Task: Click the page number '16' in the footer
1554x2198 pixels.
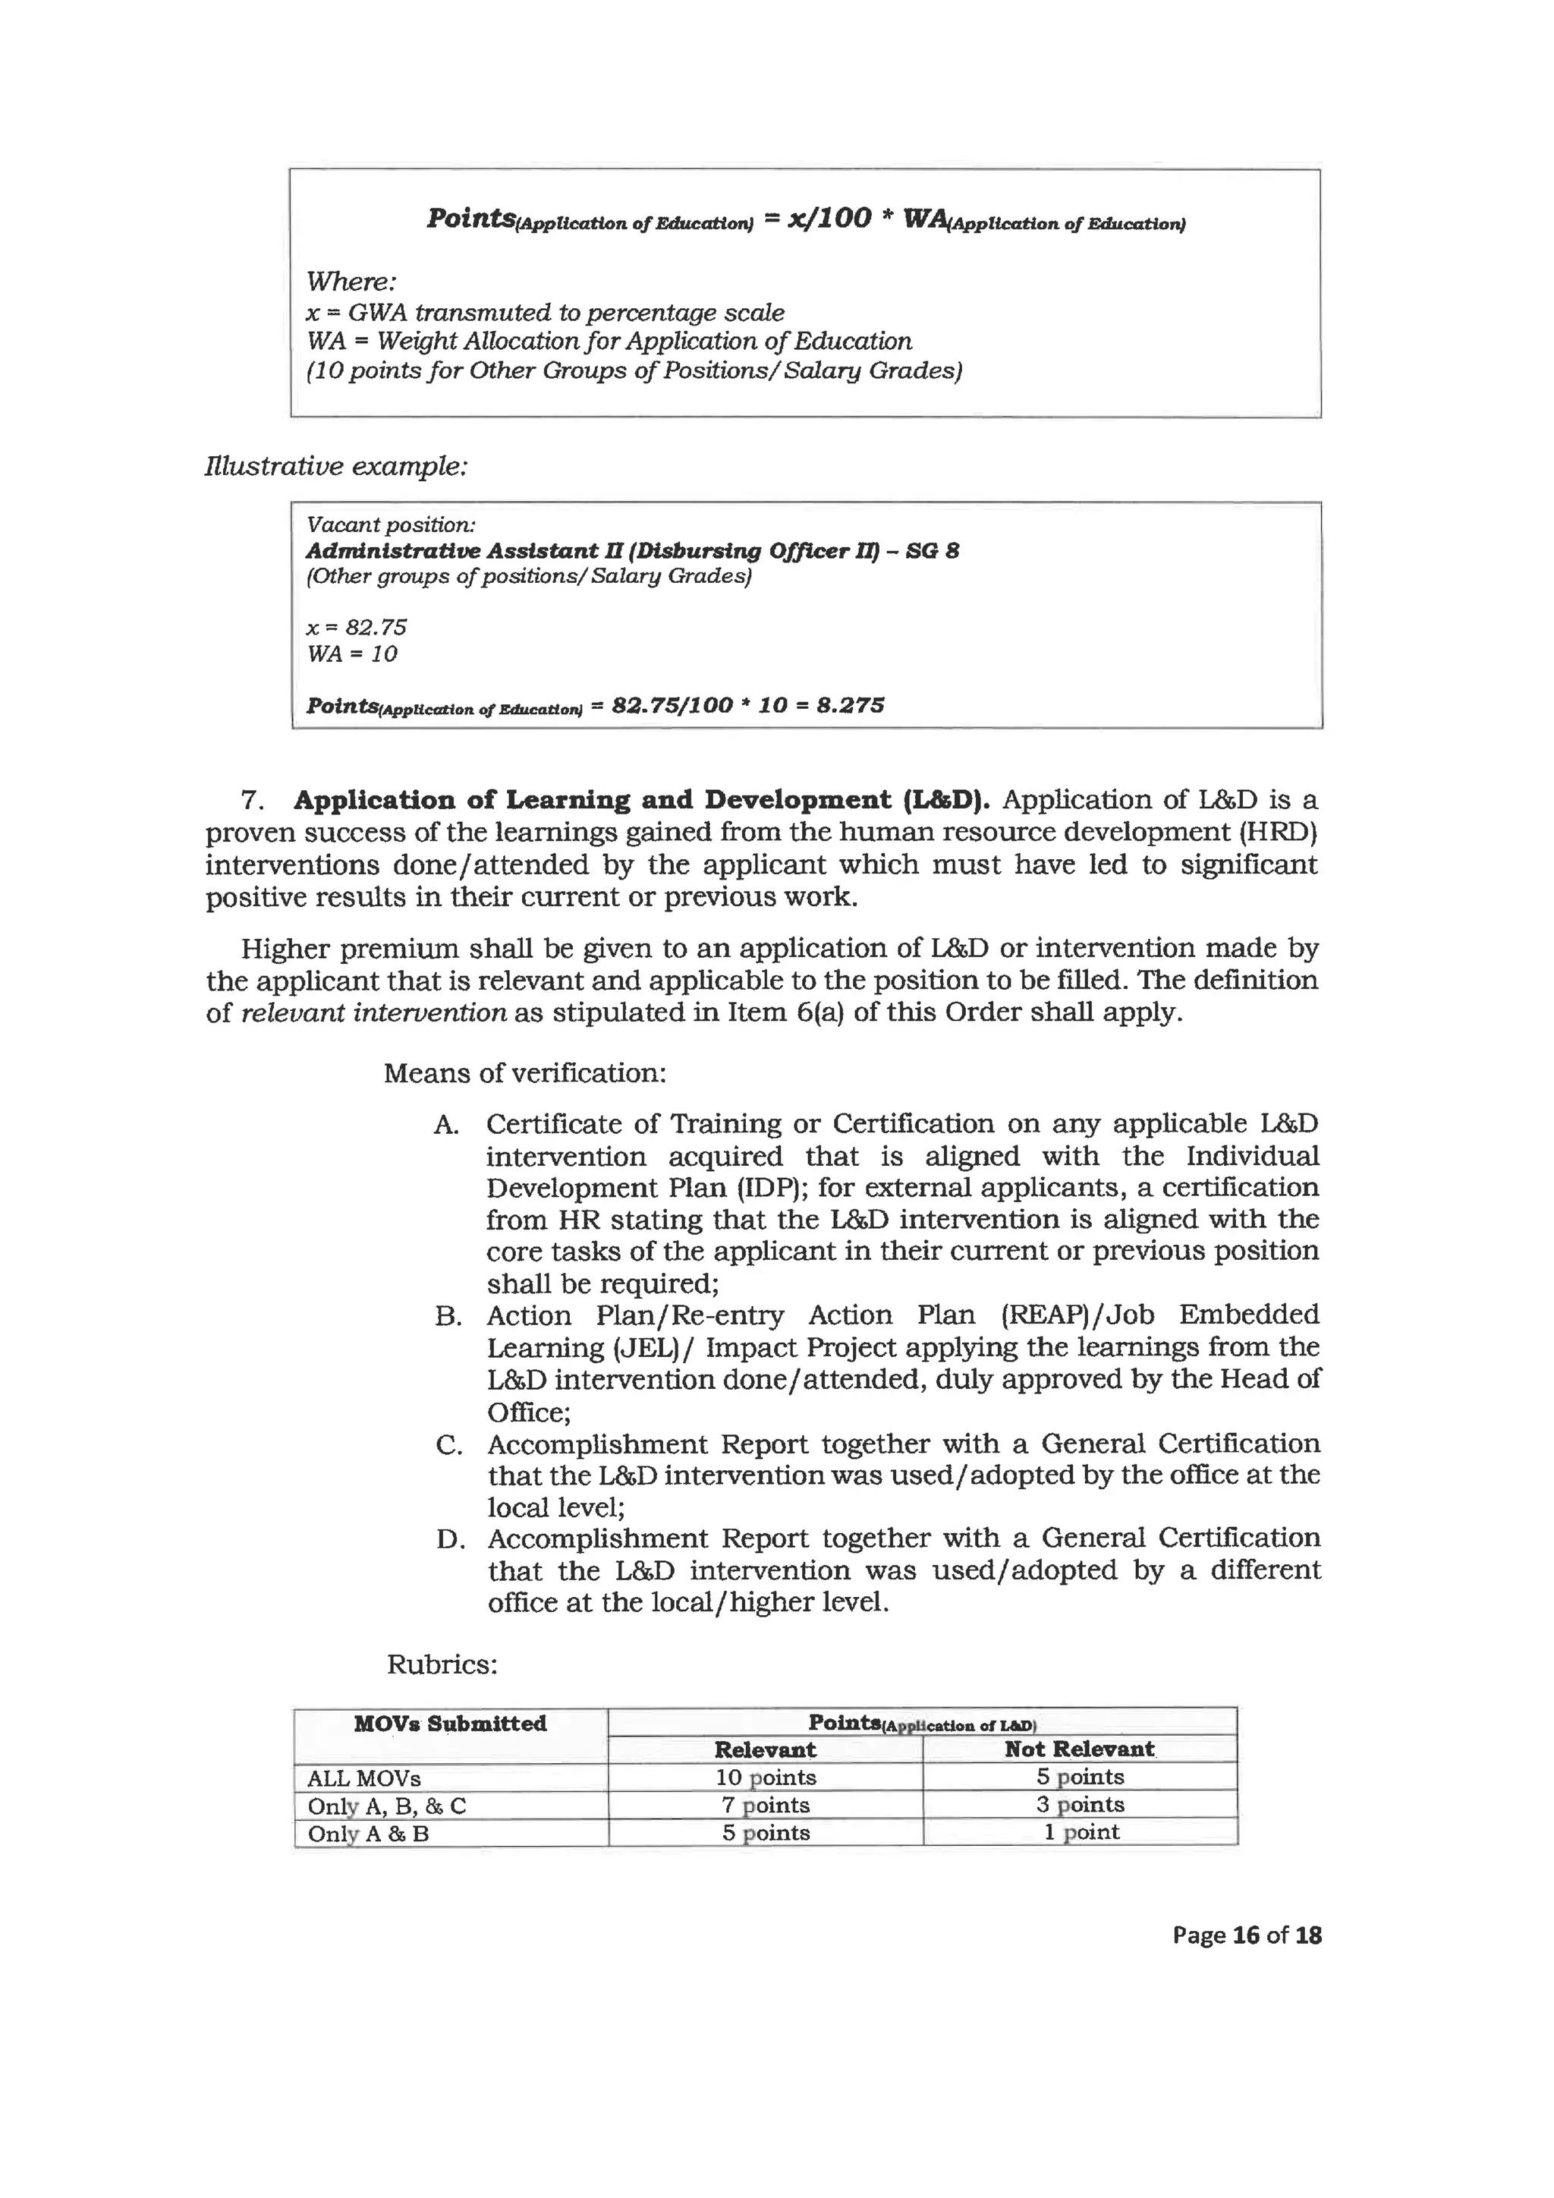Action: pos(1246,1935)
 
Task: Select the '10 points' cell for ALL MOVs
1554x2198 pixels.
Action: pos(765,1777)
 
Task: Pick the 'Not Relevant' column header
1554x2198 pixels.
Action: pos(1080,1748)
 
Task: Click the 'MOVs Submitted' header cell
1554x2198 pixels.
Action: pos(450,1723)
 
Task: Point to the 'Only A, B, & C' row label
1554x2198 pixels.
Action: pos(386,1806)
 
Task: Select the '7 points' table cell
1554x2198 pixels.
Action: pos(765,1805)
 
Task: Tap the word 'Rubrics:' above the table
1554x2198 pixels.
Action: pos(442,1664)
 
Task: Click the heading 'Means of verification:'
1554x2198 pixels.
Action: pos(524,1072)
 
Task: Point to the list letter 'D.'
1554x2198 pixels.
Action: pos(450,1539)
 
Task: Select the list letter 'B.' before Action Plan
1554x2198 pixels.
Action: pos(448,1316)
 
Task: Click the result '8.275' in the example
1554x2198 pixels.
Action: pos(846,706)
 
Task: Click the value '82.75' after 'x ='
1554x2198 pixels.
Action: pos(376,627)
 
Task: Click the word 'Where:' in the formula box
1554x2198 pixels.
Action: pos(351,282)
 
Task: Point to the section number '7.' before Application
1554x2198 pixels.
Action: pos(253,799)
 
